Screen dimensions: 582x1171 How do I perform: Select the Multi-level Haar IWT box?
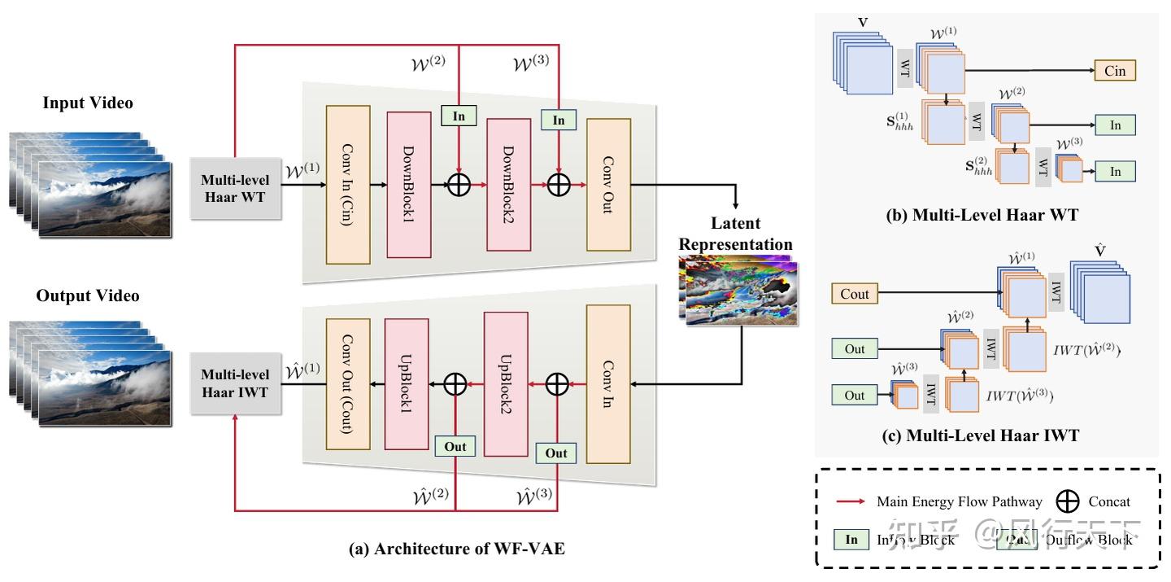(x=235, y=383)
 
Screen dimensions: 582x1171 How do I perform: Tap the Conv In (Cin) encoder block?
(x=347, y=184)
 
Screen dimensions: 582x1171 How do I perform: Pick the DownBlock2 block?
(x=508, y=184)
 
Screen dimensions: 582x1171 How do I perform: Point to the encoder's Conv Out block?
(x=608, y=184)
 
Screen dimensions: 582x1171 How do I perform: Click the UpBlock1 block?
(x=406, y=382)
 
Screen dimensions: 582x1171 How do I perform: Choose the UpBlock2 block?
(x=506, y=382)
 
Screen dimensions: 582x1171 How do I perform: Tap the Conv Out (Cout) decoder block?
(x=347, y=383)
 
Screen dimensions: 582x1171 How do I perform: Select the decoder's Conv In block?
(x=607, y=383)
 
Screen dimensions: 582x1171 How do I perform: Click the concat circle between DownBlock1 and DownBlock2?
(x=459, y=185)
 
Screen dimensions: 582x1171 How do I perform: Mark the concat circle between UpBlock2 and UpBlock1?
(x=455, y=383)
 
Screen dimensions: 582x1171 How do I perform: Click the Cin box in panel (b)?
(x=1115, y=71)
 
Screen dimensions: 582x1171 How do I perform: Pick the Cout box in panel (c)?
(x=855, y=294)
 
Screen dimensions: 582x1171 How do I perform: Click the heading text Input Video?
(x=88, y=103)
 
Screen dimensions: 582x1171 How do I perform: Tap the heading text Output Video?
(x=88, y=295)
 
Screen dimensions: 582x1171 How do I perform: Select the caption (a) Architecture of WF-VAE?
(x=456, y=549)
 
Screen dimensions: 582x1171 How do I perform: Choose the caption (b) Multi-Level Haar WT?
(x=982, y=216)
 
